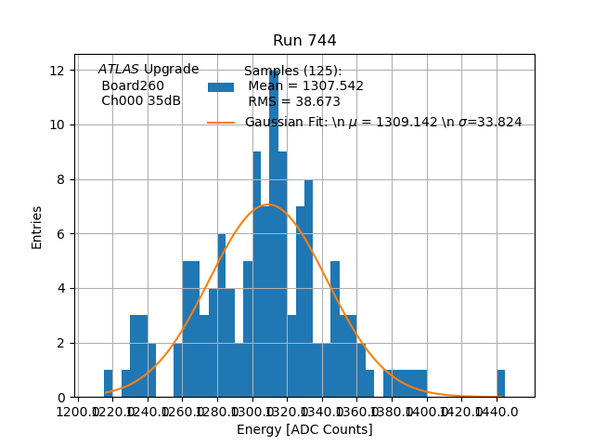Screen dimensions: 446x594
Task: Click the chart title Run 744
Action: [304, 41]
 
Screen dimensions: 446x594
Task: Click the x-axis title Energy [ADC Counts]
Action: [304, 429]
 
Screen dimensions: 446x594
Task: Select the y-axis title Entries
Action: [37, 227]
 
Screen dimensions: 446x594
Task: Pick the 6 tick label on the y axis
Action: [59, 234]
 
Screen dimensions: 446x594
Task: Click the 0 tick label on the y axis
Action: [59, 398]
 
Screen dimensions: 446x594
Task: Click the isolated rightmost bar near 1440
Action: [501, 384]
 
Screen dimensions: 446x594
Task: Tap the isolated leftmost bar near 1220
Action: [108, 384]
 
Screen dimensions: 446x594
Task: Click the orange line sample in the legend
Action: [221, 123]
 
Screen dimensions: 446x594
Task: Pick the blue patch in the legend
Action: [221, 86]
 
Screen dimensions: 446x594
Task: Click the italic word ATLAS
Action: [119, 70]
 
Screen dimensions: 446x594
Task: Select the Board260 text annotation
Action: [133, 85]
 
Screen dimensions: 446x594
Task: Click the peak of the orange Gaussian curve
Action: [268, 204]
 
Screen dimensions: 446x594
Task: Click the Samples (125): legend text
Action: [292, 71]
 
